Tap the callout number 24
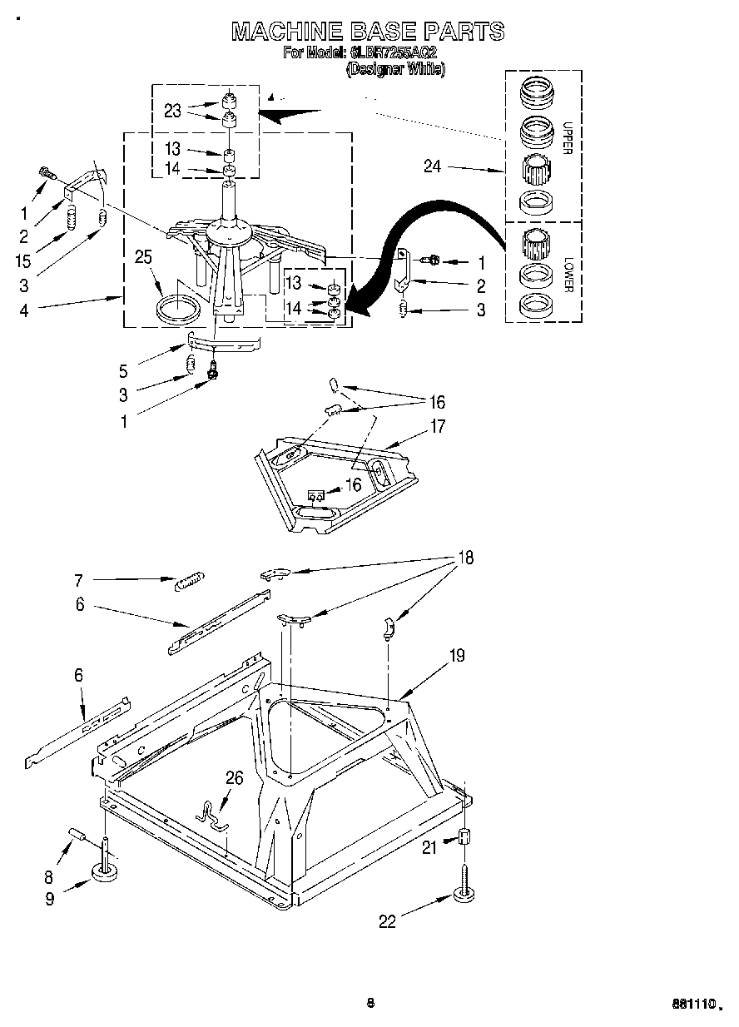point(432,166)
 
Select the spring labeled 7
point(190,580)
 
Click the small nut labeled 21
point(464,837)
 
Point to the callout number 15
point(23,260)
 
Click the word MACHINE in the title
point(286,32)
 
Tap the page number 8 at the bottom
point(370,1003)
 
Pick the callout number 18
point(464,558)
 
